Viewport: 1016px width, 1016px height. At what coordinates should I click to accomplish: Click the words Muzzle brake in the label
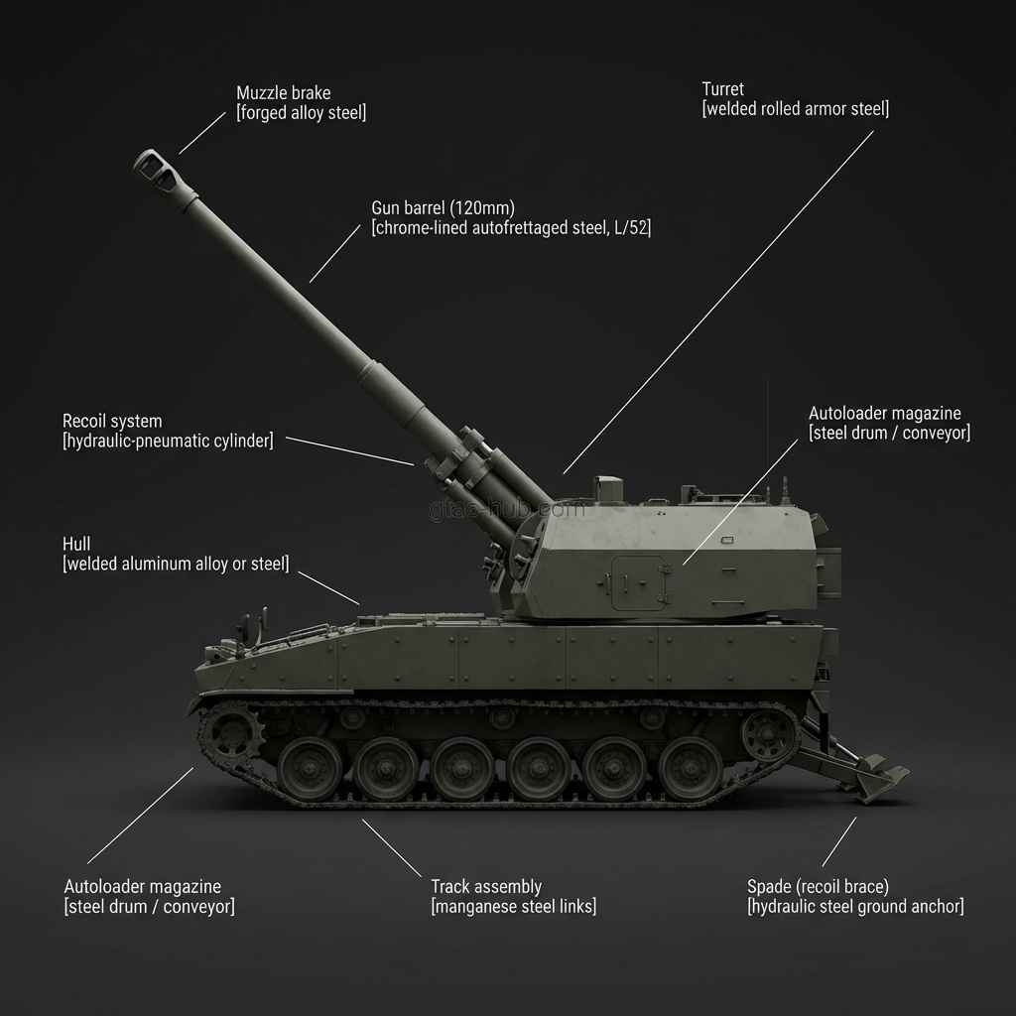coord(283,93)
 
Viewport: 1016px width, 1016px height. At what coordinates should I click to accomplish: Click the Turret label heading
coord(722,89)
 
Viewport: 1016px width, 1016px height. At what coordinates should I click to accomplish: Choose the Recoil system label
coord(112,422)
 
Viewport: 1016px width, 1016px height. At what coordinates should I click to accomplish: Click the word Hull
coord(76,544)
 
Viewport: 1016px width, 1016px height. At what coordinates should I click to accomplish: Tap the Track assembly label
coord(485,887)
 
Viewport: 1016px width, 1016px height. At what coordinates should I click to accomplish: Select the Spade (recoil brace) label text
coord(818,887)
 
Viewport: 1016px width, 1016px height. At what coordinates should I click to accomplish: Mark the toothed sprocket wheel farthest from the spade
coord(232,734)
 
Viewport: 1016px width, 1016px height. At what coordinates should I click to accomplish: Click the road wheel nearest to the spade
coord(691,767)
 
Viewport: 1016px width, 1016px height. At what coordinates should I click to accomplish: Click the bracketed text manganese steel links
coord(513,907)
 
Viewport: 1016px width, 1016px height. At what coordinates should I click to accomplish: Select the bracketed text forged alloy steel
coord(301,113)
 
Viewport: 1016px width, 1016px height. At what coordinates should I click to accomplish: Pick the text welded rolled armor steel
coord(795,109)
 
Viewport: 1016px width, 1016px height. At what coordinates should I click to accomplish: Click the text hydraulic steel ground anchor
coord(854,907)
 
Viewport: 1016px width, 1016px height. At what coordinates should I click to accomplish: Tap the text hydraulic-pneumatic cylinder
coord(168,442)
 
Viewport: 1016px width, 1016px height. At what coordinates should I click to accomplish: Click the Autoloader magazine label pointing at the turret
coord(884,414)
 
